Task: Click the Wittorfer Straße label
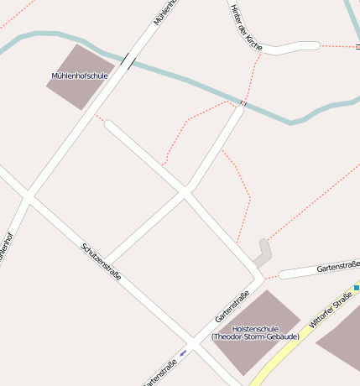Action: pos(329,310)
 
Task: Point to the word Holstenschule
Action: pos(253,328)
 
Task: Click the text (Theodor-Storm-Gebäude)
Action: pos(253,336)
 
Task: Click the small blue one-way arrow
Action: pos(184,352)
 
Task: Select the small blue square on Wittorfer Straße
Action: pos(357,288)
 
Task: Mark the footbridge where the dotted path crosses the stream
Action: pos(243,102)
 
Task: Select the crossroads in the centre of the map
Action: pos(185,192)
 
